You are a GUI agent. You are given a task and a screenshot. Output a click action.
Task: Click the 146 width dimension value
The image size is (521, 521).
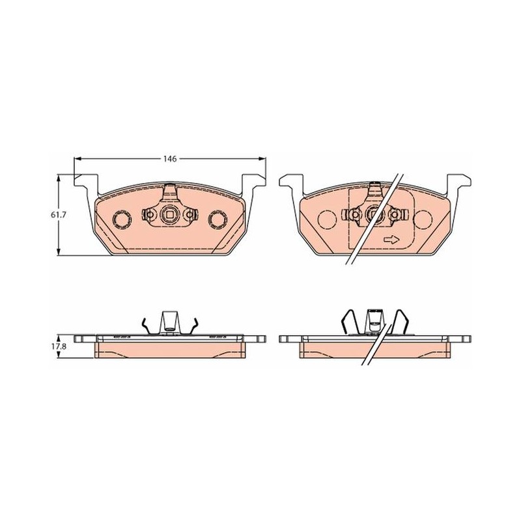pyautogui.click(x=169, y=159)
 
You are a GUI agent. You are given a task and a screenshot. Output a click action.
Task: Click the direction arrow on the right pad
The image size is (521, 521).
pyautogui.click(x=391, y=240)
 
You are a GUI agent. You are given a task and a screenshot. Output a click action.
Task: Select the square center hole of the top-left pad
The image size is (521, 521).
pyautogui.click(x=169, y=215)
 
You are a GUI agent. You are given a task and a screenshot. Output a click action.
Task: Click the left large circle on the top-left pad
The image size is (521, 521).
pyautogui.click(x=122, y=219)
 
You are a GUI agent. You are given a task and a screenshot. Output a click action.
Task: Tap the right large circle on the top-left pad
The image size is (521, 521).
pyautogui.click(x=218, y=219)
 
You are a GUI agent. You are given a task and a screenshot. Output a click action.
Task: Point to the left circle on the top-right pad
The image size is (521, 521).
pyautogui.click(x=328, y=219)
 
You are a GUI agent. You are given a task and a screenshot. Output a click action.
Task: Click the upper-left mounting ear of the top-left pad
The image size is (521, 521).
pyautogui.click(x=86, y=180)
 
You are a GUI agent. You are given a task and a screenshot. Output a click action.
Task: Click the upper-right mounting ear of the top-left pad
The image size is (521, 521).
pyautogui.click(x=254, y=180)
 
